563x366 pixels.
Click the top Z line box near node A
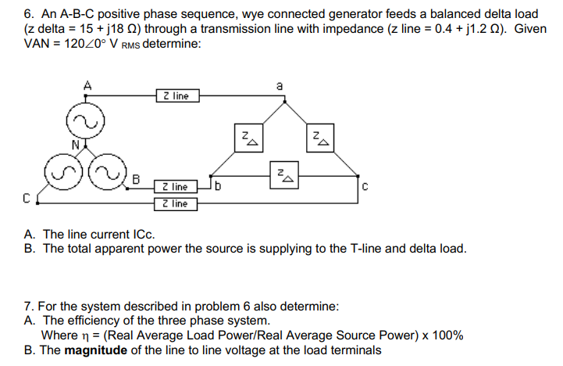(177, 95)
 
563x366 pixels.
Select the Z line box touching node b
(176, 187)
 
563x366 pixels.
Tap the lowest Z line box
(176, 204)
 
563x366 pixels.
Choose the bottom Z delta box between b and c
(282, 176)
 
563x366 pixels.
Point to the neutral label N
(75, 145)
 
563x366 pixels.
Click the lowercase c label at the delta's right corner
(364, 185)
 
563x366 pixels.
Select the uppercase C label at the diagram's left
(26, 198)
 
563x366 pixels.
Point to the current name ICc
(143, 234)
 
